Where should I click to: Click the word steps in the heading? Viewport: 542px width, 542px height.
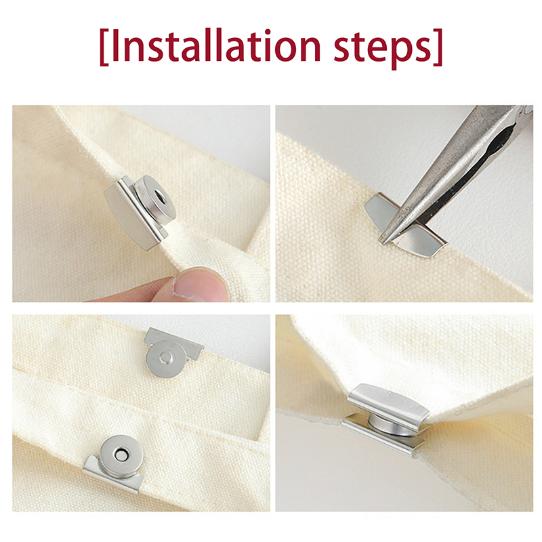tap(383, 48)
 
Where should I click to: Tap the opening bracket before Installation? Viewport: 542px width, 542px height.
tap(104, 47)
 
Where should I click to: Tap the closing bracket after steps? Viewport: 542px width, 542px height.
tap(438, 47)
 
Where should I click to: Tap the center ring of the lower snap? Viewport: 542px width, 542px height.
tap(121, 455)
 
